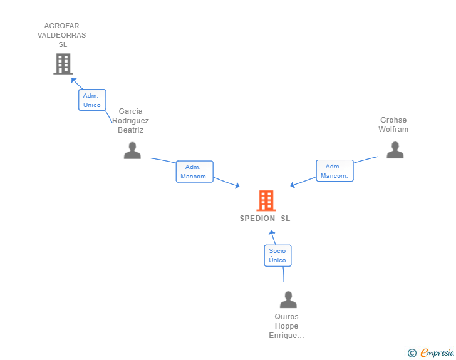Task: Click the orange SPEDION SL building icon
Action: coord(266,200)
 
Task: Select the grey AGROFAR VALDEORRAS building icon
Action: coord(63,64)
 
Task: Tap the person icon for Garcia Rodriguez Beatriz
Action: coord(132,150)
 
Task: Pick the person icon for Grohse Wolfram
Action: coord(395,150)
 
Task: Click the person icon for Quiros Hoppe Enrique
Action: coord(288,299)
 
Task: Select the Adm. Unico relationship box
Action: coord(92,100)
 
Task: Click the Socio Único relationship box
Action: coord(277,255)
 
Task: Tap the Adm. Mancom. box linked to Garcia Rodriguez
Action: coord(195,172)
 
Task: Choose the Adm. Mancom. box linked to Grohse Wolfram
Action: coord(334,171)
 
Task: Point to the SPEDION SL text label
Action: coord(264,219)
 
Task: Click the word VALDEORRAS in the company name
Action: coord(61,35)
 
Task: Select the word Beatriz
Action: coord(130,130)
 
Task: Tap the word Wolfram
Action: coord(393,130)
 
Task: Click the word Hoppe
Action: coord(286,326)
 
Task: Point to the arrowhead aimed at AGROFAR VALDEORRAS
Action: coord(73,81)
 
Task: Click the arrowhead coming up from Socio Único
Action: coord(272,233)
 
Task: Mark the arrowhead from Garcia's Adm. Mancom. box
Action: coord(237,185)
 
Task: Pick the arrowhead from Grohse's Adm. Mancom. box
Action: coord(293,185)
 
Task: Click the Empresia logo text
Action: coord(437,352)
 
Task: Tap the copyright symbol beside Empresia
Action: coord(412,353)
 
